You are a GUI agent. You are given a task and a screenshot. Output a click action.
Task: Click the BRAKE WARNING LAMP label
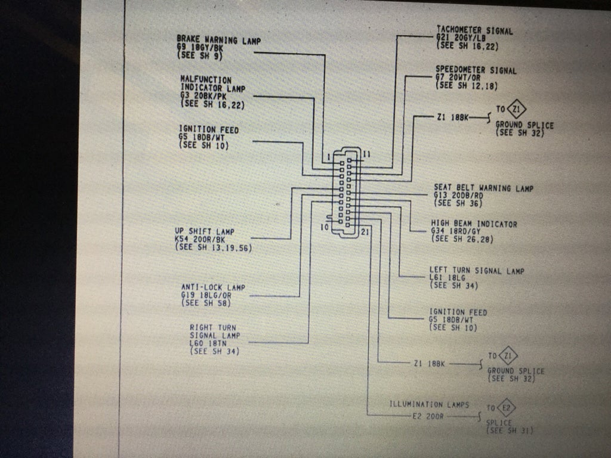219,40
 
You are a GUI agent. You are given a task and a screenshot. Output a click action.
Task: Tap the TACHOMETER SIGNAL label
474,30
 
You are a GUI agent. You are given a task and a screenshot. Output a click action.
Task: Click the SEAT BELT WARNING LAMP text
483,188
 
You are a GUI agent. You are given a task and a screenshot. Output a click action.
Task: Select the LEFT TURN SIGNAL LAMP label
477,270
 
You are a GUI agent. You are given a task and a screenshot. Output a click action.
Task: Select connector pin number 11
366,154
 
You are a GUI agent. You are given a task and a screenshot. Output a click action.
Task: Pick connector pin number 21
366,232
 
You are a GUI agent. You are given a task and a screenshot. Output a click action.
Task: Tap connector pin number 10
325,227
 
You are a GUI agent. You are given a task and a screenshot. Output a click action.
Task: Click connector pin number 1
328,157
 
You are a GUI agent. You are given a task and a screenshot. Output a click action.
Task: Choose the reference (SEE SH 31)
510,431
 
